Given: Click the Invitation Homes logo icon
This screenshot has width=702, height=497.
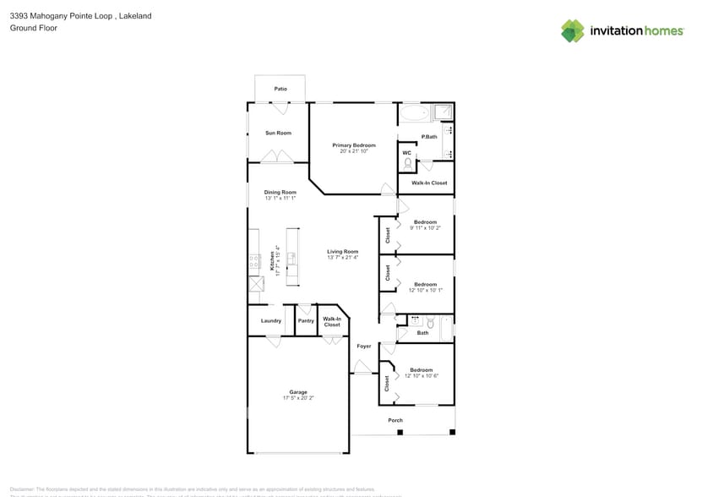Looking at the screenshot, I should [573, 30].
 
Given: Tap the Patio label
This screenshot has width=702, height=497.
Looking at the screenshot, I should [280, 89].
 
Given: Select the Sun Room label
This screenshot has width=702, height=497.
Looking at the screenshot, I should [278, 133].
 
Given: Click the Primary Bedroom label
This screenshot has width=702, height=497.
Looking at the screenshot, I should [353, 145].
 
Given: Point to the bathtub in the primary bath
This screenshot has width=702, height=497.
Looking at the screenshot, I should [414, 114].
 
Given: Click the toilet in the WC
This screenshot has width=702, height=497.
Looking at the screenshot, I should [406, 163].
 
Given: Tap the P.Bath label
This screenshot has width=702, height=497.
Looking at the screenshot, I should [429, 137].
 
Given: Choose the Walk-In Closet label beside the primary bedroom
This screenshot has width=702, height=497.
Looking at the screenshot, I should [429, 183].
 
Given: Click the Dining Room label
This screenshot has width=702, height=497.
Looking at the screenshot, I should [280, 192].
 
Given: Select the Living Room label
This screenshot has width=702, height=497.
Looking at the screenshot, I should [343, 251].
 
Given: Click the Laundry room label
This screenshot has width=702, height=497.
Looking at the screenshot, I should [270, 320].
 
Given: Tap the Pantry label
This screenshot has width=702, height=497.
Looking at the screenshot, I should [306, 320].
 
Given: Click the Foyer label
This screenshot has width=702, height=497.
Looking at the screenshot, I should [363, 346].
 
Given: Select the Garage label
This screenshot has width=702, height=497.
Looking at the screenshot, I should [298, 391].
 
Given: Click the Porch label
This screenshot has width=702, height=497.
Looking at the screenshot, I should [395, 420].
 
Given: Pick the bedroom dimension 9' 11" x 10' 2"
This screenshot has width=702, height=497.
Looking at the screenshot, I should [425, 228].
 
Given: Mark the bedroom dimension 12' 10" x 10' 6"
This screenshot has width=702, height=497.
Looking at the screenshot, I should [421, 376].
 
